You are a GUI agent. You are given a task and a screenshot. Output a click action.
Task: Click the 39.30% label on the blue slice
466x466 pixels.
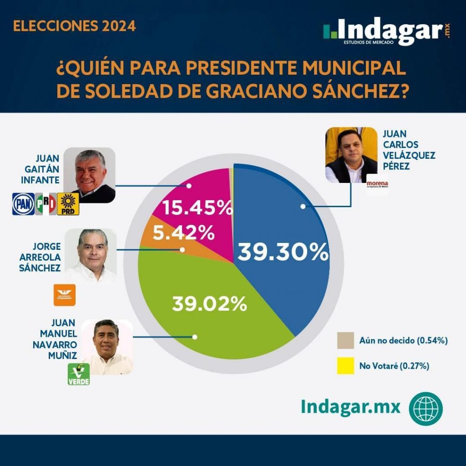[283, 252]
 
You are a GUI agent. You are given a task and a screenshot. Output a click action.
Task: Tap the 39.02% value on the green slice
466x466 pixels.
[209, 304]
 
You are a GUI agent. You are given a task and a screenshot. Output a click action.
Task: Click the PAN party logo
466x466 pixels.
[23, 204]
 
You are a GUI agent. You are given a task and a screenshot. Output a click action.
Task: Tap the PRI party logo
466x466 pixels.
[46, 204]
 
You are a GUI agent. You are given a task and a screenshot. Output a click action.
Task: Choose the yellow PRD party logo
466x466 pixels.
[68, 204]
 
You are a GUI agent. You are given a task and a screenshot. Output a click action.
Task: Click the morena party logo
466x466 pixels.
[377, 185]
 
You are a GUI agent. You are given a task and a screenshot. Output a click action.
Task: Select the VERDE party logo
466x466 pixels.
[79, 374]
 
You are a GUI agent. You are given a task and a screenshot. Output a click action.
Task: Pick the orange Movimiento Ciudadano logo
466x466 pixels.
[65, 295]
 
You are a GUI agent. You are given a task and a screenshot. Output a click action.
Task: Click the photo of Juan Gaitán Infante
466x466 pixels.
[89, 175]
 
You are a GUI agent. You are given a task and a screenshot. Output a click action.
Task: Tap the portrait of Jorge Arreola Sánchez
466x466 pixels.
[91, 256]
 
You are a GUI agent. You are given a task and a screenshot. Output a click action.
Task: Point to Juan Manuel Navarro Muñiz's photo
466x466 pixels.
[107, 347]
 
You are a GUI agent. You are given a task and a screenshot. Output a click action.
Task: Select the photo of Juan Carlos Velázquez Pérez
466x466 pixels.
[351, 155]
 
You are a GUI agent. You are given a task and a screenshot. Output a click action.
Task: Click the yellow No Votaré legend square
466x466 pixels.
[345, 366]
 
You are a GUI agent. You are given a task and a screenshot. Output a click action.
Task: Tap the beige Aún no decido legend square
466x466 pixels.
[345, 340]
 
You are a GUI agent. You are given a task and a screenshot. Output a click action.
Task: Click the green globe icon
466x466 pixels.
[425, 406]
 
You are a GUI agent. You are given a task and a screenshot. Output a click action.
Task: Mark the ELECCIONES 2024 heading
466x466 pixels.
[74, 26]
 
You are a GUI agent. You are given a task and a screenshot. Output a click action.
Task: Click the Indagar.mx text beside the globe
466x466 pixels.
[350, 406]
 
